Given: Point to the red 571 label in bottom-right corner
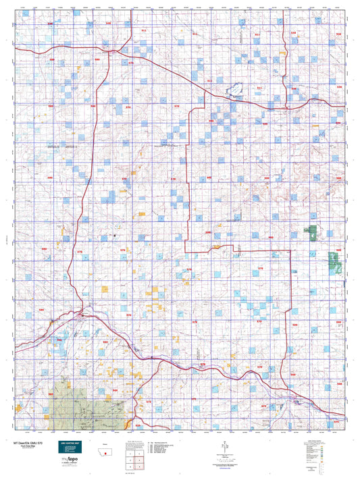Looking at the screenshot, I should [x=336, y=421].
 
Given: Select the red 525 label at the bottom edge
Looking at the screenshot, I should [x=139, y=426].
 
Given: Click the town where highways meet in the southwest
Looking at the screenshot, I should [x=82, y=315].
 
